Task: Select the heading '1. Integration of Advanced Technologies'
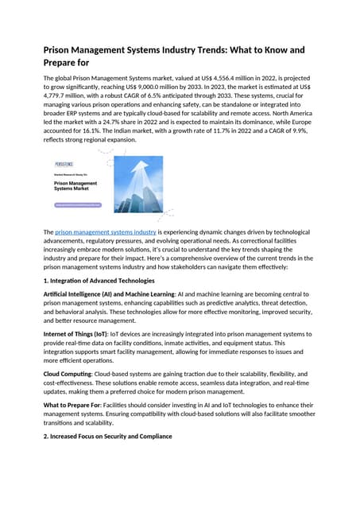(99, 281)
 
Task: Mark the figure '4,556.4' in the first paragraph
(219, 80)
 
